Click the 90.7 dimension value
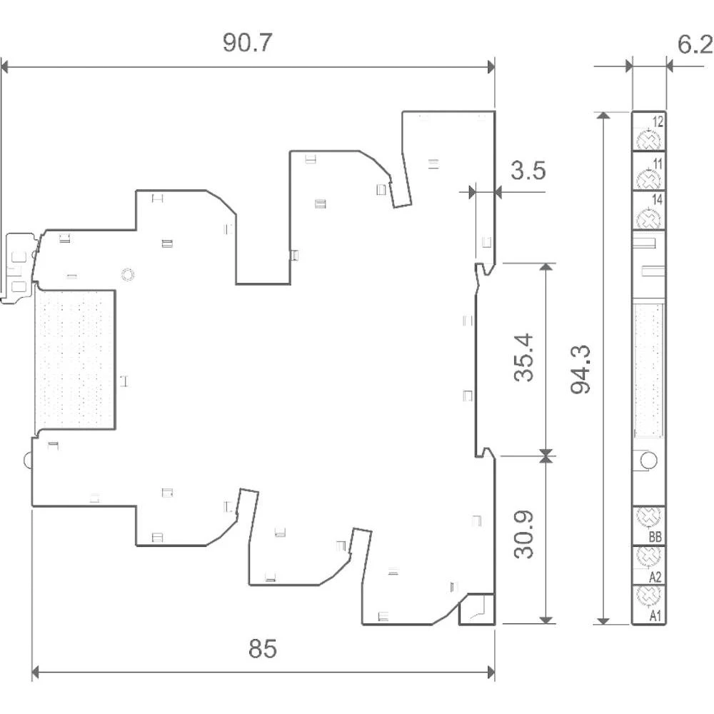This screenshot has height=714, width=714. tap(247, 43)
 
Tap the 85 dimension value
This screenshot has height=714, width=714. tap(262, 648)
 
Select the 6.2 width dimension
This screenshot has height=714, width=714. tap(695, 44)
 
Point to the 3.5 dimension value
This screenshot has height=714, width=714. tap(528, 171)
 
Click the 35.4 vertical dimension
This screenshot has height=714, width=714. tap(523, 357)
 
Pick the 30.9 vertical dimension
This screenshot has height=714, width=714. tap(523, 534)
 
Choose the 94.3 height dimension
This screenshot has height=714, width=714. tap(580, 369)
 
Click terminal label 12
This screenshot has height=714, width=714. tap(658, 121)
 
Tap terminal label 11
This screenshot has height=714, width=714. tap(658, 164)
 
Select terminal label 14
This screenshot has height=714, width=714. tap(657, 199)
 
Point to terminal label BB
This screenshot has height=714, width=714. tap(655, 537)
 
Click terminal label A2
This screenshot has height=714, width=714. tap(655, 578)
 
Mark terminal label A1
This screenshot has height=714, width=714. tap(655, 616)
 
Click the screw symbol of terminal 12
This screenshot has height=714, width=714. tap(648, 139)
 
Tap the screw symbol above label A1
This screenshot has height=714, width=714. tap(648, 595)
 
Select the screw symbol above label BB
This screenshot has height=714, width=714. tap(648, 516)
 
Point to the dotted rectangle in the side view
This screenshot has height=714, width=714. tap(75, 359)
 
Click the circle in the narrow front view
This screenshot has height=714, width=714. tap(648, 460)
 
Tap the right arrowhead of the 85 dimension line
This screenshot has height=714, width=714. tap(491, 672)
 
